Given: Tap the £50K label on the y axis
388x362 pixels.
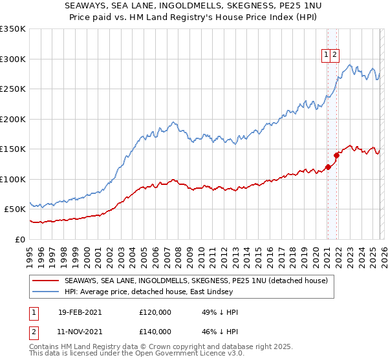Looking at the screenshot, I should click(x=16, y=209).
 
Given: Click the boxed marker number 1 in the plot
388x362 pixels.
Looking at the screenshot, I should click(x=327, y=56).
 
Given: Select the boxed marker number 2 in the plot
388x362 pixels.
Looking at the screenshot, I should click(x=335, y=56).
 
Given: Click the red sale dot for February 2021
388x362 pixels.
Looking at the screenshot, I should click(x=328, y=167).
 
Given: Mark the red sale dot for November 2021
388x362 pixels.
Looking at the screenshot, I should click(x=336, y=155).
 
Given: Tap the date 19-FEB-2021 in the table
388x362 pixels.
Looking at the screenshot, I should click(x=80, y=312).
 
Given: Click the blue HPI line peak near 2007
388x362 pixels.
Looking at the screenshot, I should click(x=173, y=122).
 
